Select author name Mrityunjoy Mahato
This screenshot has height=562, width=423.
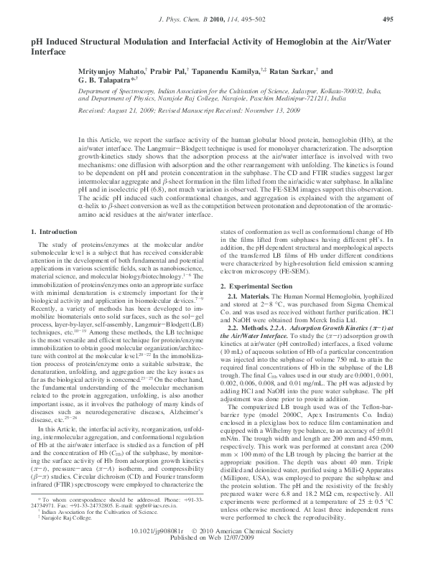click(116, 73)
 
